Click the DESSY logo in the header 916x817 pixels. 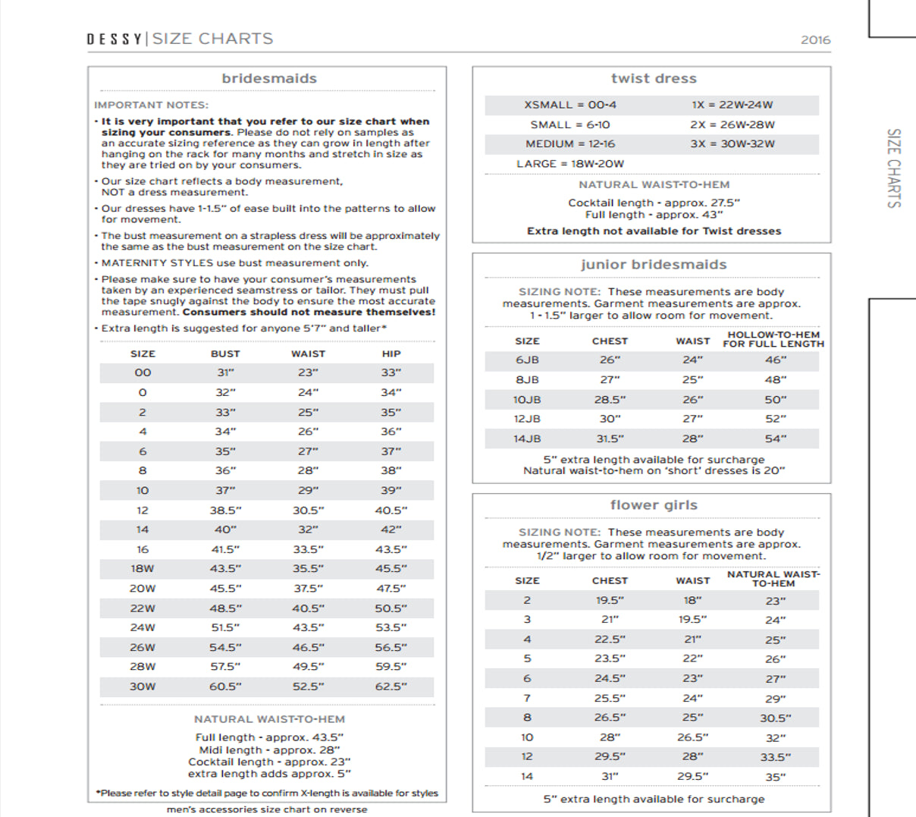(x=114, y=39)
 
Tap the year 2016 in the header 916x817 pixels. (x=815, y=39)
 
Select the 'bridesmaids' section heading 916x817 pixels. (x=269, y=78)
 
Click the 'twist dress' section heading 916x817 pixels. (x=654, y=78)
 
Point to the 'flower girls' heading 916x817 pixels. (x=654, y=505)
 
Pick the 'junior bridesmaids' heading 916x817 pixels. (x=654, y=265)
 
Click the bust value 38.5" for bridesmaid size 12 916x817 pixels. (x=225, y=511)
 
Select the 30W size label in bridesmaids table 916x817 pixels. (x=143, y=687)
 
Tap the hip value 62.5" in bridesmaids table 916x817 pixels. (x=391, y=687)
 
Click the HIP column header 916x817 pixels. (x=391, y=354)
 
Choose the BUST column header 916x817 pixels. (x=225, y=354)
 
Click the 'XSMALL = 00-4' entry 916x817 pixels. (x=570, y=105)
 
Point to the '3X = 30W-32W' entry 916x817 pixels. (x=732, y=144)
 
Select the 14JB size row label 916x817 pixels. (x=527, y=439)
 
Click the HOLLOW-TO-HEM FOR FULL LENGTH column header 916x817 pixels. (x=773, y=339)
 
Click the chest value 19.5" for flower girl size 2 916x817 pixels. (x=610, y=601)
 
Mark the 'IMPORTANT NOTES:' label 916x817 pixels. (x=151, y=105)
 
